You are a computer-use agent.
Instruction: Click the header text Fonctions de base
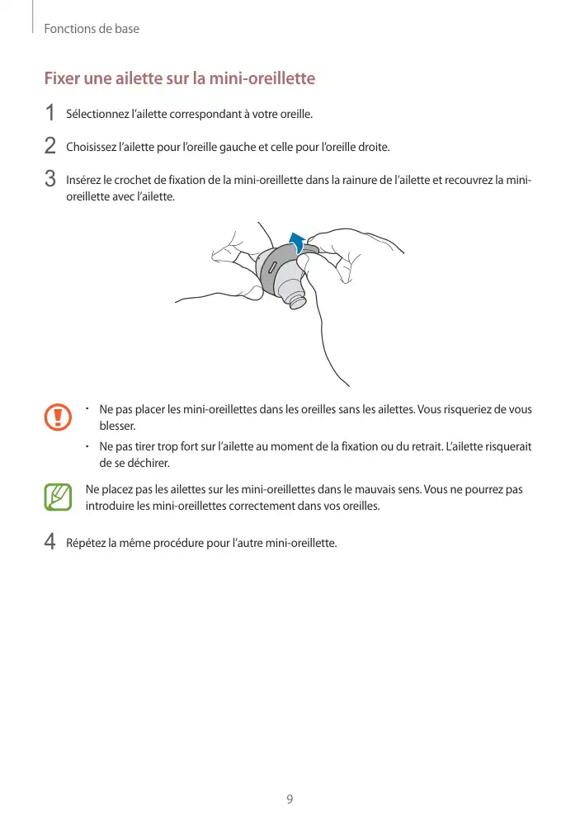(x=92, y=29)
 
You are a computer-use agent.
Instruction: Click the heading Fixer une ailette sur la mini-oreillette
(x=179, y=79)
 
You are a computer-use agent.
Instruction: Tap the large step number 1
(x=50, y=113)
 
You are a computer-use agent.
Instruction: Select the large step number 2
(x=50, y=147)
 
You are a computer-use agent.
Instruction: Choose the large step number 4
(x=50, y=543)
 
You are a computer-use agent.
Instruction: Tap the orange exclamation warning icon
(x=59, y=417)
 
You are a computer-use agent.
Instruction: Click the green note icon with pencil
(x=59, y=497)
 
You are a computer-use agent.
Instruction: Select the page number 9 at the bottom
(x=290, y=799)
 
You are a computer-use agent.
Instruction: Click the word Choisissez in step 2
(x=91, y=147)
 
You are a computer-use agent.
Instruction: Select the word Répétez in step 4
(x=86, y=543)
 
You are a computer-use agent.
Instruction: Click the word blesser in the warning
(x=116, y=426)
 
